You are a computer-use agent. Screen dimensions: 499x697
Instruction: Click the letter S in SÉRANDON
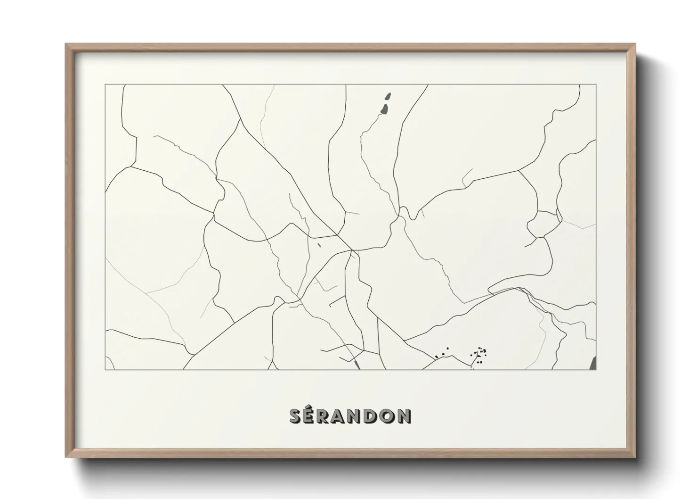pyautogui.click(x=295, y=416)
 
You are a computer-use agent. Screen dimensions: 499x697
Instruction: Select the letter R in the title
pyautogui.click(x=326, y=416)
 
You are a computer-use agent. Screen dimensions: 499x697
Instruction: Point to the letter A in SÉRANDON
pyautogui.click(x=342, y=416)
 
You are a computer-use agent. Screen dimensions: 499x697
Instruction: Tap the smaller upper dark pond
pyautogui.click(x=388, y=96)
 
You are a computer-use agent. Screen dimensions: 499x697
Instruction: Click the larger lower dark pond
pyautogui.click(x=384, y=110)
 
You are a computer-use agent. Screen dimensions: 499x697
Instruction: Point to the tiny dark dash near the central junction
pyautogui.click(x=319, y=244)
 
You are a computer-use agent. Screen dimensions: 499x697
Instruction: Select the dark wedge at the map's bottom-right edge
pyautogui.click(x=593, y=363)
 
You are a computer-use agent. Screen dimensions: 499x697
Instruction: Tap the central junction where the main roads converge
pyautogui.click(x=351, y=249)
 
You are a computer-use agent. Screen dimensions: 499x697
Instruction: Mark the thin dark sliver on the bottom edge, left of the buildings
pyautogui.click(x=357, y=364)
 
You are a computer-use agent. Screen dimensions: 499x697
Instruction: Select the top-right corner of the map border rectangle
pyautogui.click(x=596, y=85)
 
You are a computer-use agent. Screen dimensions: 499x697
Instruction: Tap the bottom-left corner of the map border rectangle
pyautogui.click(x=105, y=369)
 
